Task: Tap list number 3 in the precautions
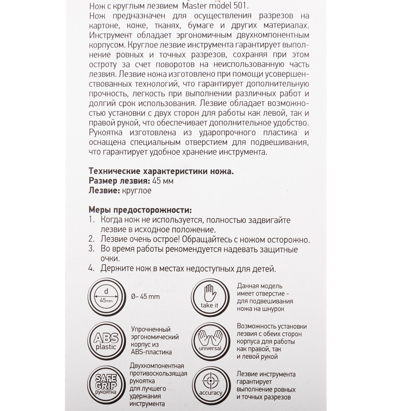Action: pyautogui.click(x=92, y=249)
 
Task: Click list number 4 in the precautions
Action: pyautogui.click(x=92, y=269)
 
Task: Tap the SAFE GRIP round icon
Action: pyautogui.click(x=106, y=384)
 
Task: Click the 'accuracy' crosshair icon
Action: pyautogui.click(x=210, y=384)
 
